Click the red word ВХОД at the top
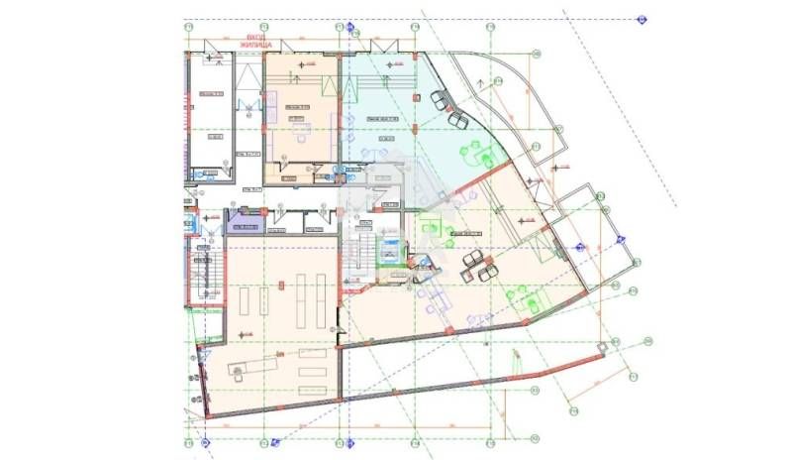pos(253,38)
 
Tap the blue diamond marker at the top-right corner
pos(642,19)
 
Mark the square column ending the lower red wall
pos(600,346)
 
